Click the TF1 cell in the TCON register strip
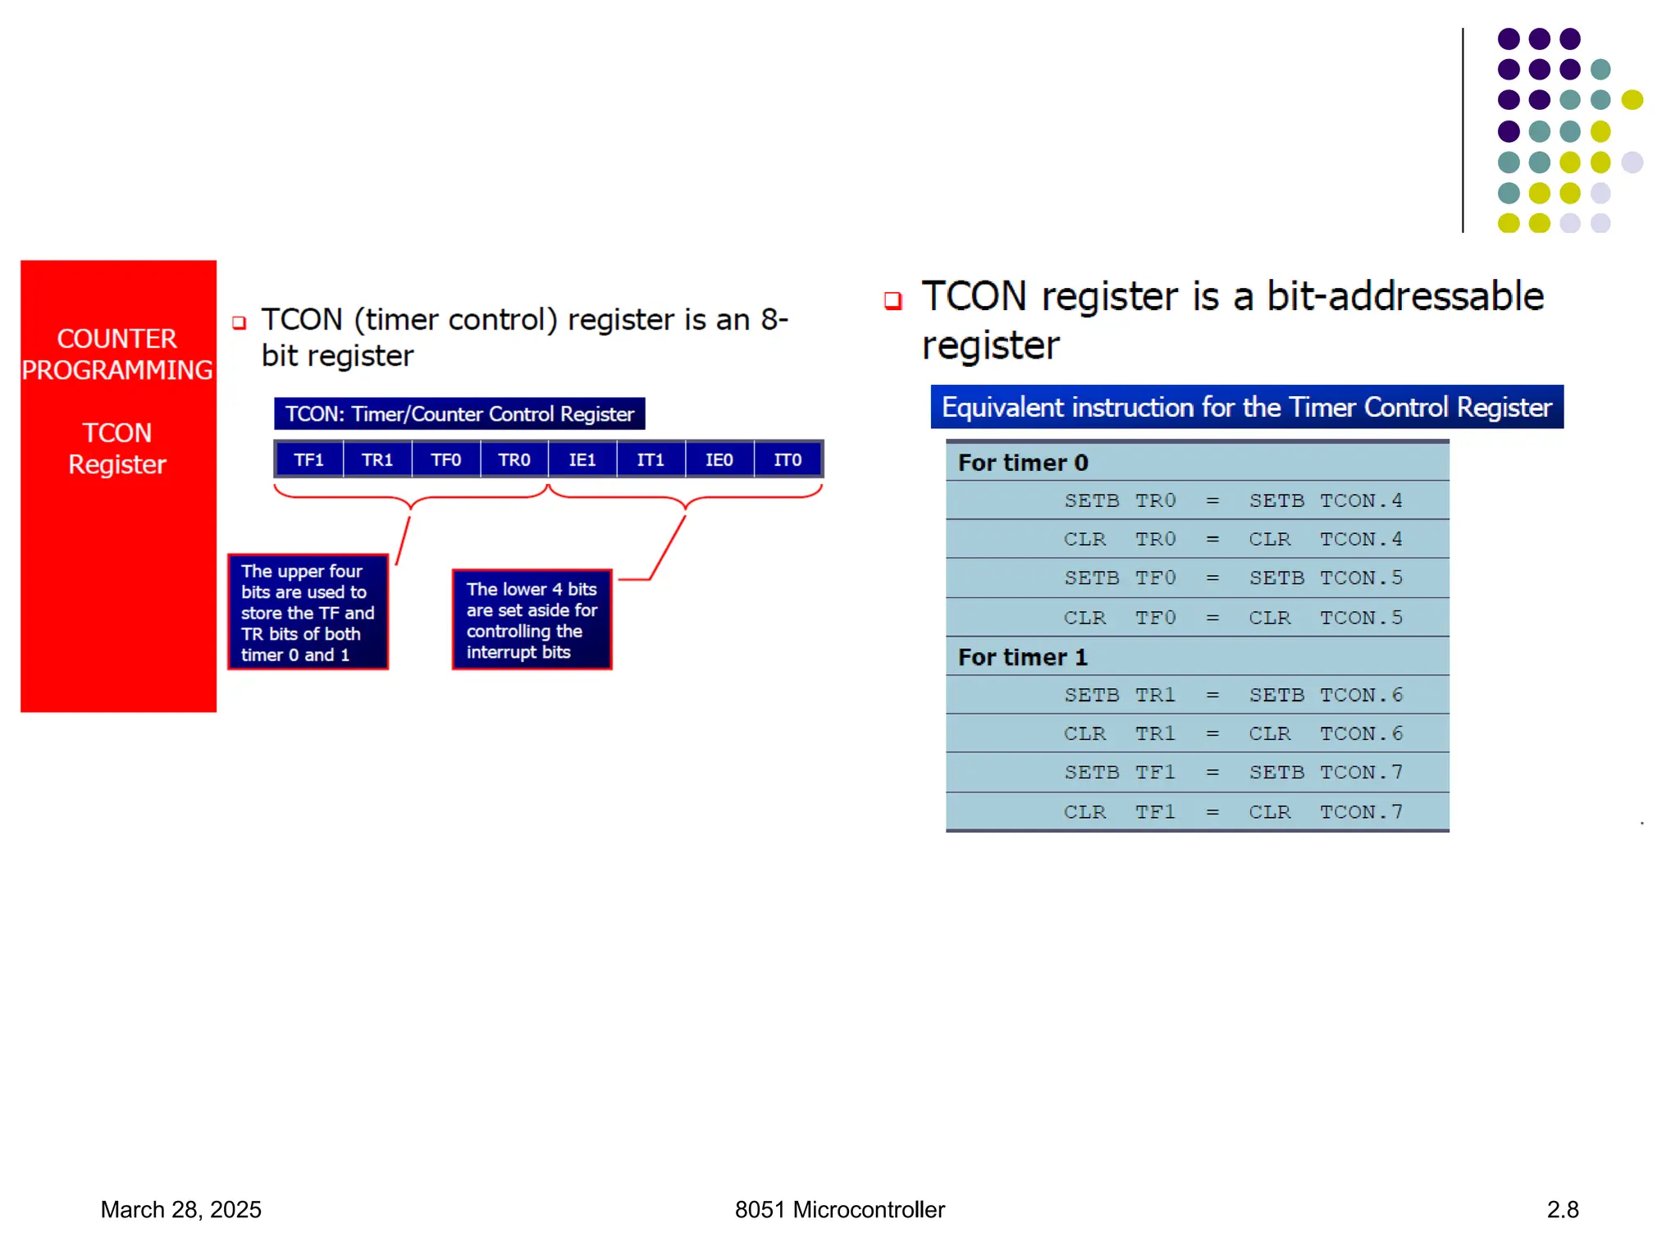click(x=308, y=460)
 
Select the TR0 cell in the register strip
click(x=514, y=460)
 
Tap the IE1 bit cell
click(x=582, y=460)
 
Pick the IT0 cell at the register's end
click(x=787, y=460)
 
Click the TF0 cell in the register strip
click(x=445, y=460)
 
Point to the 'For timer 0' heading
click(x=1023, y=463)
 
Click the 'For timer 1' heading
click(x=1023, y=657)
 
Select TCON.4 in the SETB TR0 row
click(x=1361, y=500)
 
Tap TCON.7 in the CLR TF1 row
click(x=1361, y=812)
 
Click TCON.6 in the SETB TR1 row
click(x=1361, y=695)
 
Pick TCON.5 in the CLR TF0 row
click(x=1361, y=618)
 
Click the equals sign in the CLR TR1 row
click(x=1212, y=734)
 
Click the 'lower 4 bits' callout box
click(x=532, y=620)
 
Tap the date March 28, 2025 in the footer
click(x=180, y=1210)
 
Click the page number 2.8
click(x=1563, y=1210)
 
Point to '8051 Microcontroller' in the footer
click(x=839, y=1210)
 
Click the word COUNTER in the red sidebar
click(x=116, y=339)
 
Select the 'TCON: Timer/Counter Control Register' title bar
click(x=459, y=414)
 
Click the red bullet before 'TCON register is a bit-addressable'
click(x=893, y=301)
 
